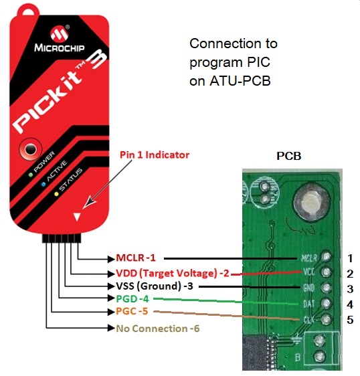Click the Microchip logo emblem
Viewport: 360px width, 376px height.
click(60, 34)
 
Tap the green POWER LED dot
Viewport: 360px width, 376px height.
click(31, 175)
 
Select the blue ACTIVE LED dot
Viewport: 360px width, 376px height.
click(43, 185)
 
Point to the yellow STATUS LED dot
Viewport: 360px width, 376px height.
click(56, 194)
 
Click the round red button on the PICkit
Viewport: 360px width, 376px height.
click(31, 149)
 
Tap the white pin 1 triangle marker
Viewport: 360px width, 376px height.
click(77, 217)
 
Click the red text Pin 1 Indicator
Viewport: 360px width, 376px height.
click(155, 155)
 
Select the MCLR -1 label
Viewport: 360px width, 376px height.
click(136, 258)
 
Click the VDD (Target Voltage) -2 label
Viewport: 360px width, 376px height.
click(173, 273)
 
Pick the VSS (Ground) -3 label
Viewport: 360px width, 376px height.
click(155, 286)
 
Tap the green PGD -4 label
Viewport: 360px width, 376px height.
click(132, 299)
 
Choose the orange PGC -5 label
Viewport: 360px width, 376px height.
click(132, 311)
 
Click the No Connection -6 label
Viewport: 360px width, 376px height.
click(158, 328)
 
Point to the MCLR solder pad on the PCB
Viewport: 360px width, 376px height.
click(326, 257)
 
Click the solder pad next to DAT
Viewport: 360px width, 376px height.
click(326, 303)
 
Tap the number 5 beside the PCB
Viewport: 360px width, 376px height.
click(350, 320)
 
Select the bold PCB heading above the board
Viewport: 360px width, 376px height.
click(289, 156)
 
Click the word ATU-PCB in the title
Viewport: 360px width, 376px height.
click(240, 81)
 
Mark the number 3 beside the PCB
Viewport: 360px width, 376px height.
click(350, 289)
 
